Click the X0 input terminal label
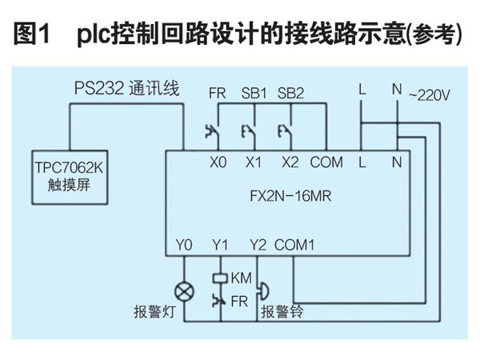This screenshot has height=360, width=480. coord(218,162)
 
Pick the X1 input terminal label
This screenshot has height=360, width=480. coord(254,162)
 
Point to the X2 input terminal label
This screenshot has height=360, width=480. coord(290,162)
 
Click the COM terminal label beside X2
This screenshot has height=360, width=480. coord(326,162)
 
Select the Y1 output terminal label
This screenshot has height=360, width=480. coord(220,243)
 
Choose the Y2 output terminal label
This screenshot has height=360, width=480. coord(258,243)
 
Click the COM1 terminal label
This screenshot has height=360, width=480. coord(295,243)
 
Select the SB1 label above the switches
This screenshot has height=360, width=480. coord(254,93)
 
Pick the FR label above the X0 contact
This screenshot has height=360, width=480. coord(218,93)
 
